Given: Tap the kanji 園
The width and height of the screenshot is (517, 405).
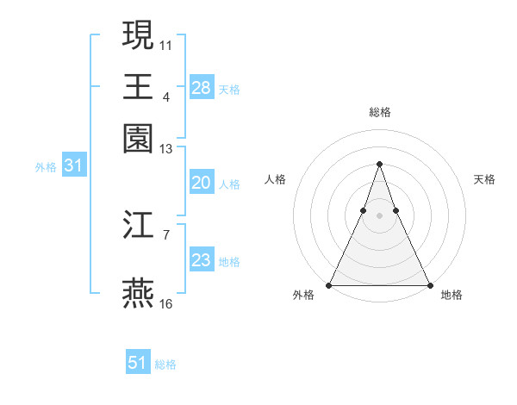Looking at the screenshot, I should tap(139, 137).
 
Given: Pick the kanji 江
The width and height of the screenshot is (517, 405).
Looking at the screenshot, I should tap(139, 226).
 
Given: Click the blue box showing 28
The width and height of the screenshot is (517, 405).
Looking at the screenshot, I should tap(202, 87).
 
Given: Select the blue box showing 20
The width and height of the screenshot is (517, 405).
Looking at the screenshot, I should tap(202, 183).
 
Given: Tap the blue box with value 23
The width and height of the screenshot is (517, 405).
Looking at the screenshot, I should tap(202, 260).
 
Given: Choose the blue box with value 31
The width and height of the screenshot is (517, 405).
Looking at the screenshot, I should tap(73, 166).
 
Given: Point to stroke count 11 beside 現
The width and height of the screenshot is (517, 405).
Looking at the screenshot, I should tap(166, 43).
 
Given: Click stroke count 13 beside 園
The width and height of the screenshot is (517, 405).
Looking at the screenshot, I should tap(166, 148).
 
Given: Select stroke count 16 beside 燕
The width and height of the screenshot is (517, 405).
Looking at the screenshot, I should tap(166, 303).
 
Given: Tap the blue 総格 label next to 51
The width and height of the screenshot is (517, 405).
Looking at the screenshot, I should tap(166, 364).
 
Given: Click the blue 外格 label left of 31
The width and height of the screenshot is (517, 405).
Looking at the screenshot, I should tap(46, 167).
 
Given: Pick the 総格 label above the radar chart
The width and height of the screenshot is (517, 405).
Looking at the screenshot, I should tap(379, 112).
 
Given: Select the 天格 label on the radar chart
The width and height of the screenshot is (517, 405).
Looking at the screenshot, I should tap(485, 179).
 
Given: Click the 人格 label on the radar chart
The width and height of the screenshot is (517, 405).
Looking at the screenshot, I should tap(275, 179).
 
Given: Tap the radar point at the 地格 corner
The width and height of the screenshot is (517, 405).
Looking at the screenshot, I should tap(429, 284).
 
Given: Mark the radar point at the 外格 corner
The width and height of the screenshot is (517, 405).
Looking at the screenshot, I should tap(330, 284).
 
